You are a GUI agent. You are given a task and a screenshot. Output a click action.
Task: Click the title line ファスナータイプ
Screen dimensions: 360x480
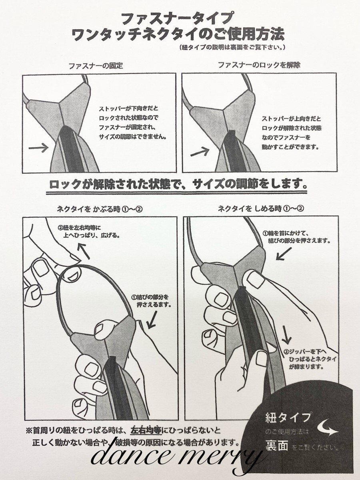coord(176,19)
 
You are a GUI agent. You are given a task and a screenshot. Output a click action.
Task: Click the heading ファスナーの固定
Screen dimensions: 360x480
coord(96,66)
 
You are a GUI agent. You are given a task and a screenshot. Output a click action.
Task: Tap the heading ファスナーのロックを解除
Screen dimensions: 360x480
coord(259,65)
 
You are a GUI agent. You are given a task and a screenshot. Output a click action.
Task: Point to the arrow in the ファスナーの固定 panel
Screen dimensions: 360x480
coord(38,148)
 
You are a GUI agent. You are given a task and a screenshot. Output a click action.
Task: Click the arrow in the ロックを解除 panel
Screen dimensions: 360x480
coord(200,151)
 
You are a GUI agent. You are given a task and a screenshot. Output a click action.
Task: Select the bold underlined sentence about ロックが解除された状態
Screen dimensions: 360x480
coord(178,185)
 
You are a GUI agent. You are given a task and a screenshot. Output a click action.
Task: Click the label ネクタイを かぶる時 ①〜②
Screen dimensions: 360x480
coord(100,209)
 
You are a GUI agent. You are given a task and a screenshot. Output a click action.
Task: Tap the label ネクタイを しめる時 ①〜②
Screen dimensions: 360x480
coord(261,209)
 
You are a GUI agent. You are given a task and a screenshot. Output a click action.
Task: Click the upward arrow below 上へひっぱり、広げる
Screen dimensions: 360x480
coord(84,252)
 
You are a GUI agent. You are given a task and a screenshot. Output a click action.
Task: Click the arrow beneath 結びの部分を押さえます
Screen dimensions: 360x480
coord(284,254)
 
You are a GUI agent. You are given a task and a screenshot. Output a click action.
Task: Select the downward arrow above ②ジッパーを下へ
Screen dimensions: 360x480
coord(286,334)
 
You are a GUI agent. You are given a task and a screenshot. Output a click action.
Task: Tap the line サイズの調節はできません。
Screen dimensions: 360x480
coord(132,137)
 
